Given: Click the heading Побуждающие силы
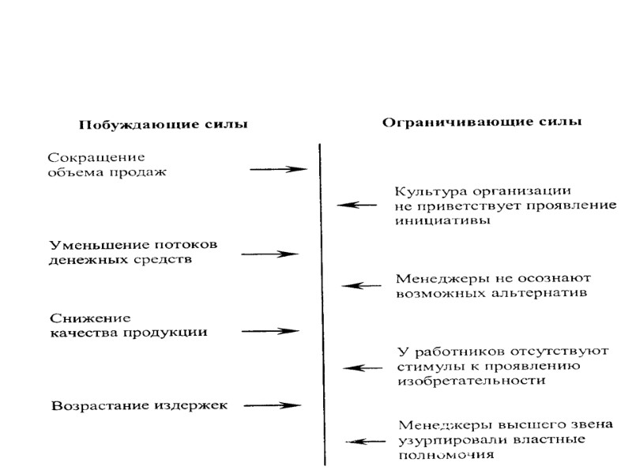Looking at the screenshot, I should coord(162,125).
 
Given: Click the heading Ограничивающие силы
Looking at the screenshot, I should coord(482,122).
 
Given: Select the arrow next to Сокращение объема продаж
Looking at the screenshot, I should coord(277,168).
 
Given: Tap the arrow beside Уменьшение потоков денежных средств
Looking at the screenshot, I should coord(270,254).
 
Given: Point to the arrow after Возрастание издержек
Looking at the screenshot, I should coord(273,405).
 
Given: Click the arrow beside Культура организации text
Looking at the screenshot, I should coord(357,205).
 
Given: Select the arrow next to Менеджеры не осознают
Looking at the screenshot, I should coord(361,285).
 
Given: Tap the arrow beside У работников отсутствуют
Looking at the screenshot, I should coord(363,367).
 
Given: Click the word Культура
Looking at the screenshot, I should coord(431,191).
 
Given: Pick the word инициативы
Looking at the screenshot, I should coord(442,221).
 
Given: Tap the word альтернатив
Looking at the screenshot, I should coord(545,293).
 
